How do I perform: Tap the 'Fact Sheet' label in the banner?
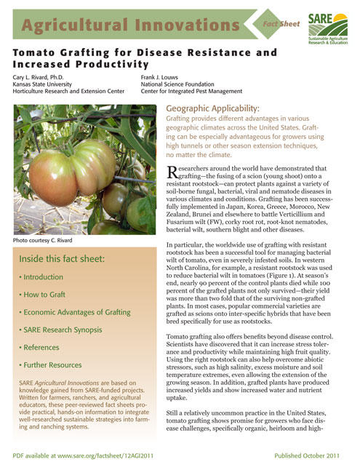click(x=280, y=23)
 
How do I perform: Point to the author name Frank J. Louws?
click(x=169, y=76)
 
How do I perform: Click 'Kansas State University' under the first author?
click(x=48, y=84)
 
